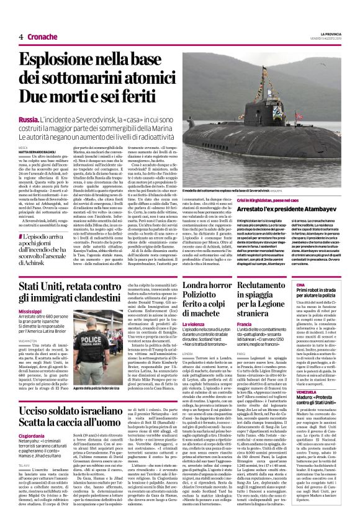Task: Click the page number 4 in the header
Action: (x=21, y=37)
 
